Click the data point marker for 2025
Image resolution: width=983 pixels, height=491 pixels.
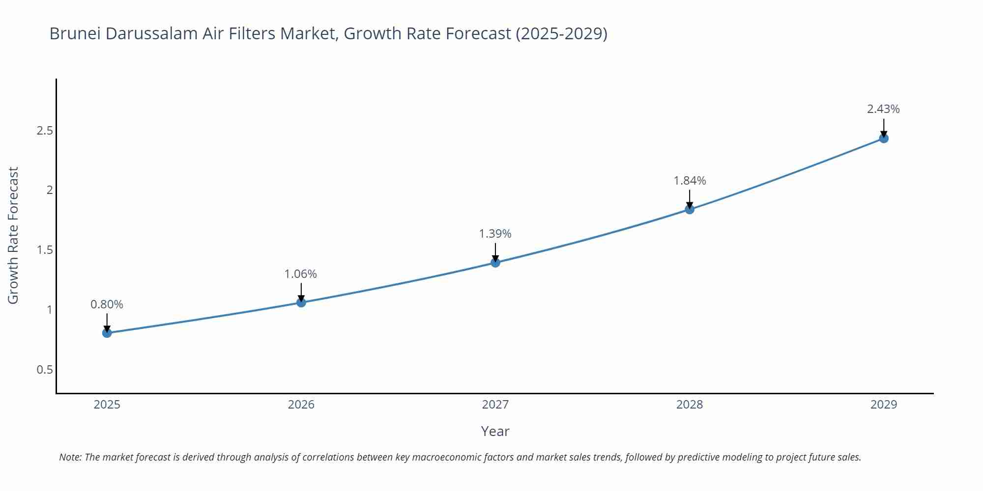[x=107, y=333]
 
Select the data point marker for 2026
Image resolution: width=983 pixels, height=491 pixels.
[x=301, y=302]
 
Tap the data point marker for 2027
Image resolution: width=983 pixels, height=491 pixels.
[x=495, y=263]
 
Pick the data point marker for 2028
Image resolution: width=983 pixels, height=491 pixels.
[x=690, y=209]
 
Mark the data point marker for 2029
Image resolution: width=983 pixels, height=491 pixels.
[x=884, y=138]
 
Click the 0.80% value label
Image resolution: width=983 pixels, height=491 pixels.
[x=107, y=304]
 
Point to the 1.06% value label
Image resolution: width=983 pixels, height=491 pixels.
[x=301, y=274]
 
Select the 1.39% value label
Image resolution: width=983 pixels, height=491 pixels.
[x=495, y=234]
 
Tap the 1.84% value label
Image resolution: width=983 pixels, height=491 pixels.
[x=690, y=181]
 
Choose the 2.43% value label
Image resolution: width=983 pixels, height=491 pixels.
[x=883, y=109]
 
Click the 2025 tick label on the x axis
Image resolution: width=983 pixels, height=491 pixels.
[x=107, y=405]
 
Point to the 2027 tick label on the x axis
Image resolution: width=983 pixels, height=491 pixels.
[x=495, y=405]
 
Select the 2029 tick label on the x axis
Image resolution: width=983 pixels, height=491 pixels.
[x=884, y=405]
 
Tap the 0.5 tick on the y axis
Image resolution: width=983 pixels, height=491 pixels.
[x=45, y=370]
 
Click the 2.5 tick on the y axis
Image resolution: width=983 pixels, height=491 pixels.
[x=45, y=131]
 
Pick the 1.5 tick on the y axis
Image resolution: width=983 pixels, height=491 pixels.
[x=45, y=250]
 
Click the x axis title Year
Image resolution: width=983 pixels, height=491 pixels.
[x=495, y=431]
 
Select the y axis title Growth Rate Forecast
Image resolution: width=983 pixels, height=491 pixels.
[x=13, y=235]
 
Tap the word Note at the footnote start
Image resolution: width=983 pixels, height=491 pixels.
[x=70, y=457]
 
